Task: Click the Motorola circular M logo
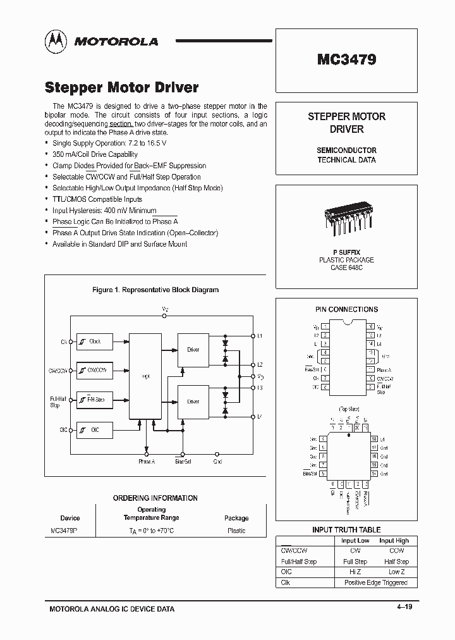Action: point(56,41)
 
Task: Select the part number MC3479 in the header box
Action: point(346,60)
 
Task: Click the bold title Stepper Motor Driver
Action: point(122,87)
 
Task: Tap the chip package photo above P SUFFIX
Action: point(346,218)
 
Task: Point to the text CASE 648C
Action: point(346,268)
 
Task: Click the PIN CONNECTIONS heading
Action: point(346,309)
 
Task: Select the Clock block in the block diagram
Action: point(94,342)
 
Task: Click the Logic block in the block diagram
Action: point(145,376)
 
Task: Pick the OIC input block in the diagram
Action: point(94,431)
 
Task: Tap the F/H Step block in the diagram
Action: point(94,400)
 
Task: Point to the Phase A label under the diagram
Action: point(147,462)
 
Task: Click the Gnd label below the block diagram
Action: point(217,462)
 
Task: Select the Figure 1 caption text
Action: point(155,290)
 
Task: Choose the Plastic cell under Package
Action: point(236,531)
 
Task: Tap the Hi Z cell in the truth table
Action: point(355,572)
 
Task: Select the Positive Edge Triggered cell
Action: point(375,582)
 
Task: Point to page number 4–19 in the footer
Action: point(404,607)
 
